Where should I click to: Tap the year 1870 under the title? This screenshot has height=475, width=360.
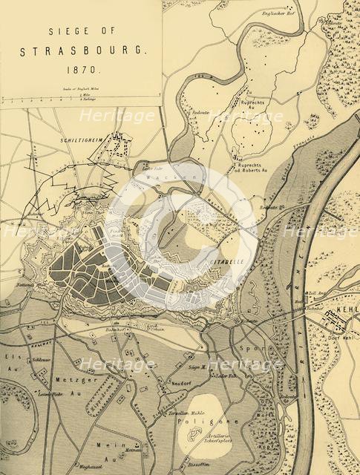pos(85,76)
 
